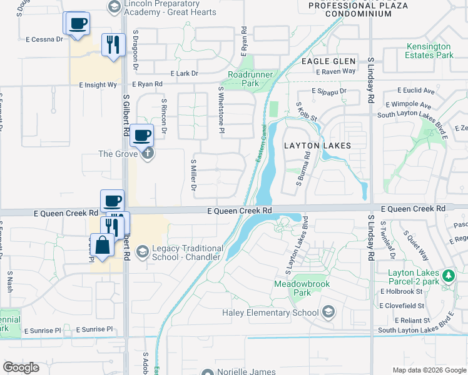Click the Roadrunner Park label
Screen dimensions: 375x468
click(x=243, y=78)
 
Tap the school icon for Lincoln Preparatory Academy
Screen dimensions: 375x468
click(x=114, y=7)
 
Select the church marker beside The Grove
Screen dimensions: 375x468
click(x=147, y=153)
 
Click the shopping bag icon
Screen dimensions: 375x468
click(x=101, y=244)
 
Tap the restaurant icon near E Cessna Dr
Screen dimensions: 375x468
click(x=113, y=44)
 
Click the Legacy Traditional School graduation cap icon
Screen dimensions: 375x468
click(x=142, y=251)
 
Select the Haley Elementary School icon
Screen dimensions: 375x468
click(x=328, y=312)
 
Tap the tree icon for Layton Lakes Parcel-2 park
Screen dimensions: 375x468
click(x=448, y=275)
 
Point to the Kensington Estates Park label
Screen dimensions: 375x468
click(x=429, y=51)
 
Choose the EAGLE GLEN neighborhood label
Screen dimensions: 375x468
click(x=328, y=61)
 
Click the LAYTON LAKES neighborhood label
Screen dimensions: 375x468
click(x=317, y=146)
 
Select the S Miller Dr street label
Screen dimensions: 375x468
click(x=193, y=174)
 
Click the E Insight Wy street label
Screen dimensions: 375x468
click(x=98, y=84)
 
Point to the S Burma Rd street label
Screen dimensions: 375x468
click(x=300, y=172)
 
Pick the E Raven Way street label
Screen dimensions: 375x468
click(x=336, y=71)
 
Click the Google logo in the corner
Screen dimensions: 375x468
click(x=21, y=367)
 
